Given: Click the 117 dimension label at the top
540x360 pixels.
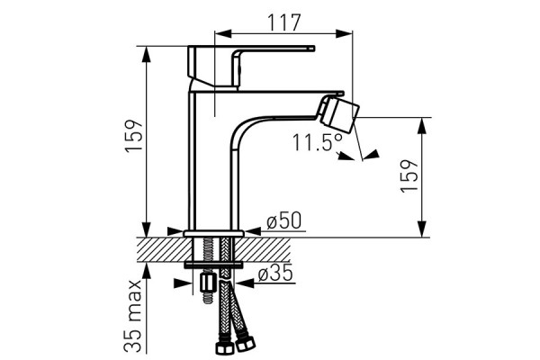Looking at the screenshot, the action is [284, 22].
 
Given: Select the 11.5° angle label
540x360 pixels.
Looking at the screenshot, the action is [318, 142].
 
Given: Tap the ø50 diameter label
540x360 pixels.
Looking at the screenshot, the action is [284, 220].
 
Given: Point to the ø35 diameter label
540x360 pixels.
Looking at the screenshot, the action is [275, 274].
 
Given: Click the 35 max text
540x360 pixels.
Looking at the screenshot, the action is [133, 315].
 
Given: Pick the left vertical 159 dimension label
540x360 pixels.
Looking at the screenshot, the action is [133, 135].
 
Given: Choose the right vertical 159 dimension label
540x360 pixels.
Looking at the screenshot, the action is [409, 175].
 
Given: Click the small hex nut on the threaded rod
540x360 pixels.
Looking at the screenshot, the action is [207, 283].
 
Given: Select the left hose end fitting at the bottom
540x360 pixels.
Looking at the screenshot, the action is [224, 347].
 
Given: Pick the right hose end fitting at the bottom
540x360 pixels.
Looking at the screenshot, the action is [245, 344].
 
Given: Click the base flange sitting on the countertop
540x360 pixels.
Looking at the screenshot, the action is [214, 234].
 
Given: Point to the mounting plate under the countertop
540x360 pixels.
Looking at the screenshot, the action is [213, 265].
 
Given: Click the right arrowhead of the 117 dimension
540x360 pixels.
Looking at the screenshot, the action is [345, 33].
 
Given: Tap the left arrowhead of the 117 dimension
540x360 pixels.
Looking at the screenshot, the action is [222, 33].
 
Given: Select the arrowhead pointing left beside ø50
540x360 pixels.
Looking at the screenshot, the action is [252, 231].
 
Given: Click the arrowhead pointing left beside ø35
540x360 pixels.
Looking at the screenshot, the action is [245, 283].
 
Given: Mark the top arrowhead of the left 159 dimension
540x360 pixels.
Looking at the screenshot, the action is [147, 54].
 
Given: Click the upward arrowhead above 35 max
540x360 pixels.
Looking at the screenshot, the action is [147, 271].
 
